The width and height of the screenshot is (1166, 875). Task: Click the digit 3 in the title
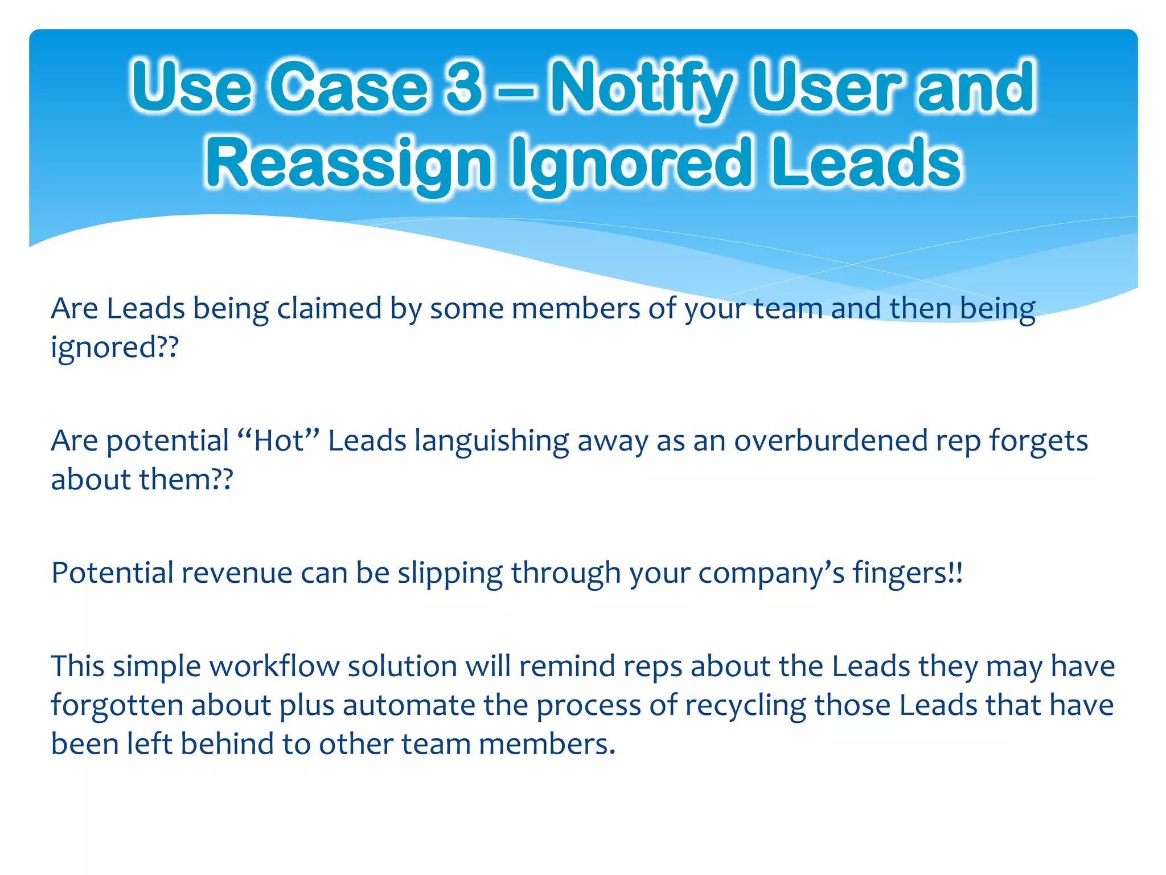(x=465, y=87)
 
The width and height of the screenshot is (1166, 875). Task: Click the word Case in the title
(x=348, y=87)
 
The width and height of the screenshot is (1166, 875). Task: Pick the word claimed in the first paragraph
(x=329, y=308)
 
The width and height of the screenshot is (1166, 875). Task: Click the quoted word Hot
(x=278, y=440)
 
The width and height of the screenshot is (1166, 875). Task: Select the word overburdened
(x=831, y=440)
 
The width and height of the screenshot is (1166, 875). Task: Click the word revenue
(x=237, y=573)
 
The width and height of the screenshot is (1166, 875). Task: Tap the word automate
(x=408, y=705)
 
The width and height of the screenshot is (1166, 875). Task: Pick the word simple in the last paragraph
(x=157, y=667)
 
